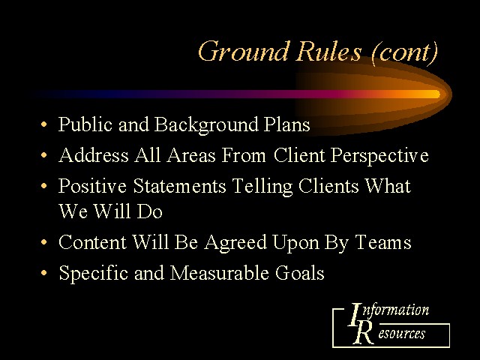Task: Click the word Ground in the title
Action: tap(243, 51)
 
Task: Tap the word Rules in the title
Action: tap(328, 51)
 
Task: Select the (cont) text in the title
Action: tap(404, 52)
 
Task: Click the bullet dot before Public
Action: tap(44, 124)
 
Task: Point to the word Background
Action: tap(206, 125)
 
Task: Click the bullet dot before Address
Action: tap(44, 155)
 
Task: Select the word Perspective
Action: tap(379, 155)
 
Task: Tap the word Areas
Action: tap(191, 155)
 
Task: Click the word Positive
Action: tap(92, 185)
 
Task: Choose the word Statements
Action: tap(179, 185)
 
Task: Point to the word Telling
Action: tap(262, 187)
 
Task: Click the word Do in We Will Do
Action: tap(149, 211)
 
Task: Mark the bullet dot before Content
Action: tap(44, 242)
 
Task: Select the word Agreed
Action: tap(235, 243)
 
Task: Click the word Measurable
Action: tap(220, 272)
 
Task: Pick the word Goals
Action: tap(299, 272)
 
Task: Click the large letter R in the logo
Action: tap(363, 333)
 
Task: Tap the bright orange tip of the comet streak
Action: tap(436, 94)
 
